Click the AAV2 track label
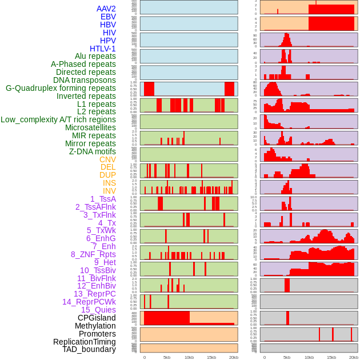106,9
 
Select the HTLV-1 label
103,49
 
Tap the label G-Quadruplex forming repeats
61,88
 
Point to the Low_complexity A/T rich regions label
58,119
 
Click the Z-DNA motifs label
93,151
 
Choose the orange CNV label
107,159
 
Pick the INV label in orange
109,191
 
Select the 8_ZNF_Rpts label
93,254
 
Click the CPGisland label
97,318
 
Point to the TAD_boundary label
89,349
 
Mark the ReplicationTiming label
85,342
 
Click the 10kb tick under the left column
189,357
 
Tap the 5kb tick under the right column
287,357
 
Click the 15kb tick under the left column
211,357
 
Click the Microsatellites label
90,127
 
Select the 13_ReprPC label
94,294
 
